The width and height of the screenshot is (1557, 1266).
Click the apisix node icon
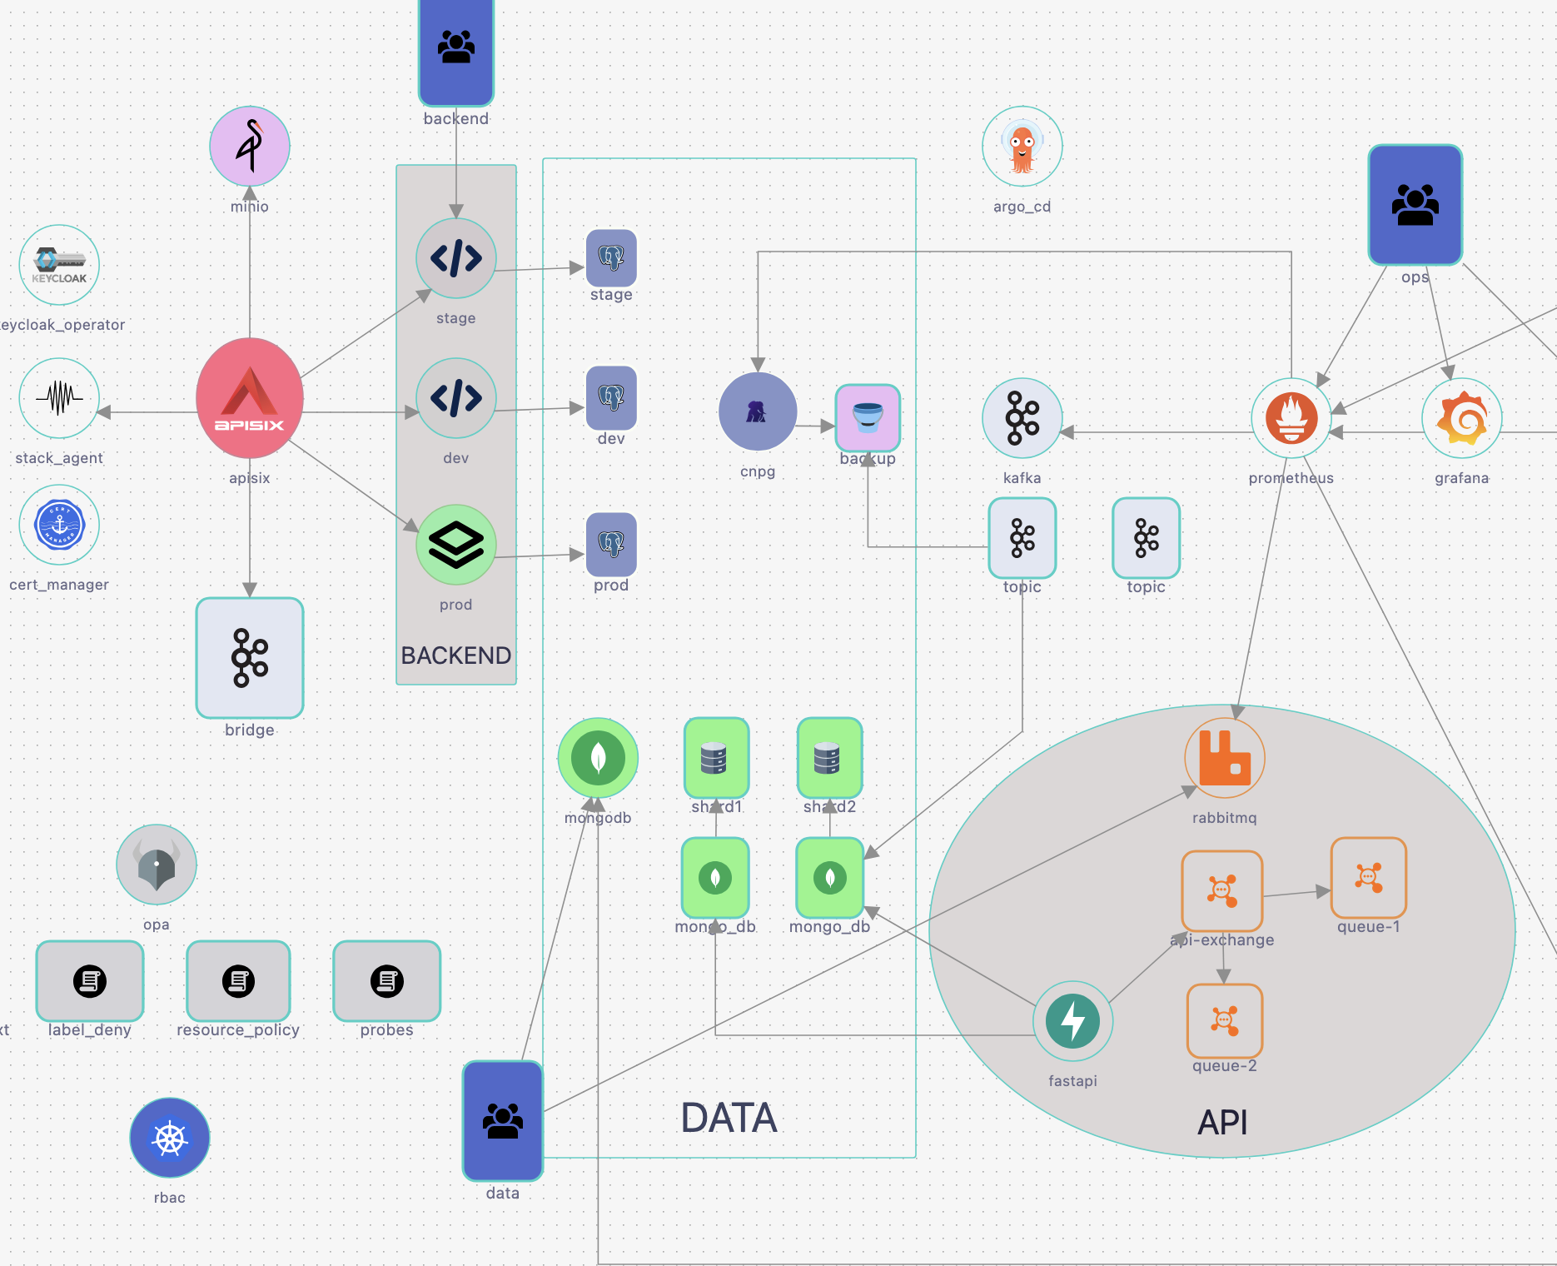click(x=250, y=398)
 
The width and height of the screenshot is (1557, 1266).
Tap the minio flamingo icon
click(x=250, y=146)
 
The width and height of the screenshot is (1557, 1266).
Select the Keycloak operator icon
click(x=59, y=265)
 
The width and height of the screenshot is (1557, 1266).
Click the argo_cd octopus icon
click(x=1022, y=147)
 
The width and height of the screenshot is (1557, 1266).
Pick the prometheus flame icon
click(x=1291, y=418)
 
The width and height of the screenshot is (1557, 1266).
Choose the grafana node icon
click(x=1462, y=418)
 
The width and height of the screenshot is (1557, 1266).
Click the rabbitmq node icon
click(x=1225, y=758)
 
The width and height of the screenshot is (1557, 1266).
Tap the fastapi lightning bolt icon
click(x=1072, y=1021)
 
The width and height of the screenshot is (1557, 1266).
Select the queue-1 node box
click(x=1369, y=878)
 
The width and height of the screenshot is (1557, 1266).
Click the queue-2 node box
click(x=1225, y=1020)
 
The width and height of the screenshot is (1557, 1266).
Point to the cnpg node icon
click(x=758, y=411)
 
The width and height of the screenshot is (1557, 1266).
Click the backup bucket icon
click(x=868, y=417)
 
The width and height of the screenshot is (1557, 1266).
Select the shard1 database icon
click(x=716, y=757)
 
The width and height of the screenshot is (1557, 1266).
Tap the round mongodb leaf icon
click(x=598, y=758)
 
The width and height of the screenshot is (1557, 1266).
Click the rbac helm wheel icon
click(x=170, y=1138)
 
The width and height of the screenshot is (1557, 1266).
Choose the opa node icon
click(x=157, y=865)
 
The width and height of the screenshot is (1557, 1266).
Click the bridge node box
click(x=250, y=658)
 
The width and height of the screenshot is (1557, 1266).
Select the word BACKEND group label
click(x=456, y=655)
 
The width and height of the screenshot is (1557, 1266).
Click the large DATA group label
click(x=729, y=1118)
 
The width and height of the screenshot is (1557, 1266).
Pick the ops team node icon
click(x=1415, y=205)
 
